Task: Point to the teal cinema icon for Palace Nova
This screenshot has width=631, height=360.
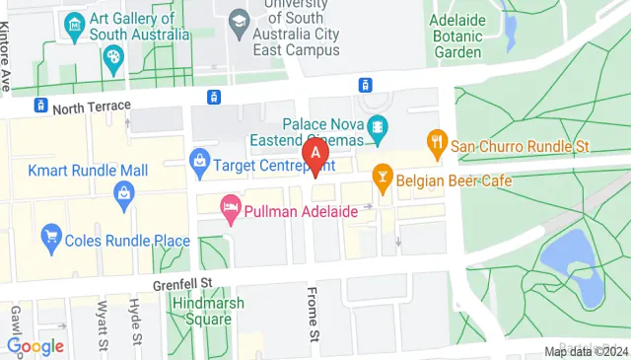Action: point(376,127)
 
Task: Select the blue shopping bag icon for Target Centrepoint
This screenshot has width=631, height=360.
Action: point(200,158)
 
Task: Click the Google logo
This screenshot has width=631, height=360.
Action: point(35,346)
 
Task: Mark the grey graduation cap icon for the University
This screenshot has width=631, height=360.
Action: point(238,21)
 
